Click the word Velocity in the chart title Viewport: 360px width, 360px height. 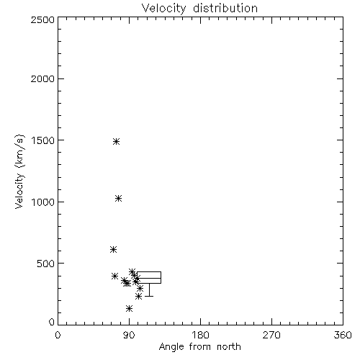click(x=164, y=9)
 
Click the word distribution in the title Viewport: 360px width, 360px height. click(x=225, y=8)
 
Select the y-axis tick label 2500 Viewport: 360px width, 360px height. click(x=42, y=19)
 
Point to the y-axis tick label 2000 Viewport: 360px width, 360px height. click(x=42, y=78)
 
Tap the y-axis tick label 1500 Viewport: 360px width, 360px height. click(x=43, y=140)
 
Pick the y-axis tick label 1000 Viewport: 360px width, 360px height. click(x=43, y=202)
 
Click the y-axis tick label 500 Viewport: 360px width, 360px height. click(x=46, y=264)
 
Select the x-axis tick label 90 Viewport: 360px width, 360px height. click(x=129, y=335)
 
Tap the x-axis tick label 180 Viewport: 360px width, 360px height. click(x=200, y=335)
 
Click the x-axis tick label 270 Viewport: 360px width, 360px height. click(x=271, y=335)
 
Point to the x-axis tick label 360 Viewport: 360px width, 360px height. click(x=343, y=335)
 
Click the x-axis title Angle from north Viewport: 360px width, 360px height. click(x=200, y=347)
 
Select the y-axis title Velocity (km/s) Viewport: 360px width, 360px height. click(x=19, y=171)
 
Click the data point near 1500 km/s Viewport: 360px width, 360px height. click(x=116, y=141)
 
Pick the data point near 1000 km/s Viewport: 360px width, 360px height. click(x=118, y=198)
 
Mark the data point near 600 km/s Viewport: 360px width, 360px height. click(x=113, y=250)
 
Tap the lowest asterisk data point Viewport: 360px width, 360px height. click(x=129, y=308)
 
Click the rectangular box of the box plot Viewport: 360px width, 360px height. click(x=149, y=272)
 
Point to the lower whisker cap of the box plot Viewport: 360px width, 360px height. click(x=149, y=296)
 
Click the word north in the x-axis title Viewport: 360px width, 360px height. click(x=229, y=346)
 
